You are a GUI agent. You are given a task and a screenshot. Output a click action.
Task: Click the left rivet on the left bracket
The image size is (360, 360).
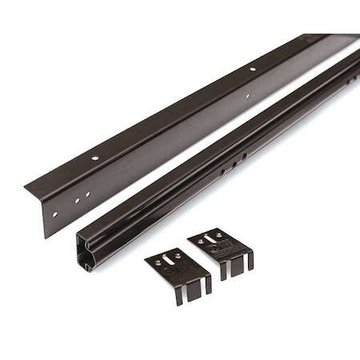tap(158, 262)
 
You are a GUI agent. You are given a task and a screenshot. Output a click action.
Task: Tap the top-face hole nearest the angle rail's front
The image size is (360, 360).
tap(95, 158)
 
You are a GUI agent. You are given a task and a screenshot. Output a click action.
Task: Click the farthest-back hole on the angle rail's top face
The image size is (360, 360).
tap(254, 70)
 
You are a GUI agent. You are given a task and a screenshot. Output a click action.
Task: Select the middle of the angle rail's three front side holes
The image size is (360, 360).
tap(78, 200)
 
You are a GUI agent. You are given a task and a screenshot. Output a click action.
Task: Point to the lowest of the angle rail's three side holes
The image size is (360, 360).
tap(54, 214)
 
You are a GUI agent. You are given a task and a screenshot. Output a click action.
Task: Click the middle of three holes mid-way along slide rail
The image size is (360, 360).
tap(233, 165)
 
